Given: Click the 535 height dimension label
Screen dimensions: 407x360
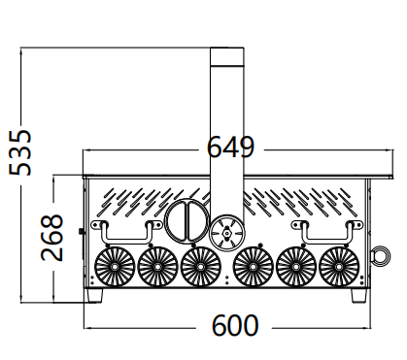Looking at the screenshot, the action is tap(20, 152).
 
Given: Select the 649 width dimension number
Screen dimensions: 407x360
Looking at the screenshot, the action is tap(230, 147).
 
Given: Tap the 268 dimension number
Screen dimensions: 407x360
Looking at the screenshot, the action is tap(51, 238).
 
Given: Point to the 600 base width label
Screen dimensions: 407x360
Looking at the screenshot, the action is tap(235, 325).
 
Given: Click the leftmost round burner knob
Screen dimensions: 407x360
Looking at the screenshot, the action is tap(115, 267).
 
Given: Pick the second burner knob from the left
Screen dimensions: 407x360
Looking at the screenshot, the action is tap(157, 267).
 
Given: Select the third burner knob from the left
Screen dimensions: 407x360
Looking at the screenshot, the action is tap(200, 267).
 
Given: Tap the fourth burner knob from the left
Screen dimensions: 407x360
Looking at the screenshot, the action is tap(253, 267).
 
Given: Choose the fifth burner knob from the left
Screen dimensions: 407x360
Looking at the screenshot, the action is tap(296, 267).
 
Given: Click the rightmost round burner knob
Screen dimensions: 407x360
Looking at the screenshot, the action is tap(339, 267).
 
